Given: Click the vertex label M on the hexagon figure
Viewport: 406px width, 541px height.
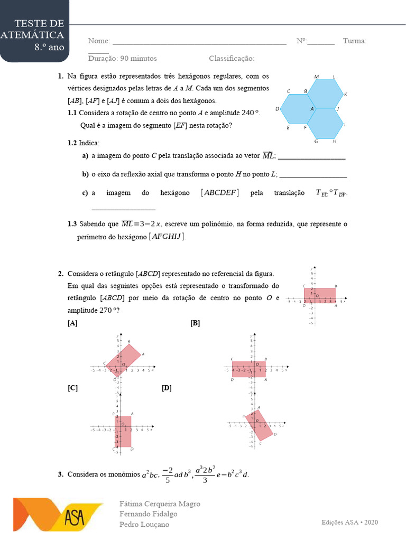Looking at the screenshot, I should coord(316,77).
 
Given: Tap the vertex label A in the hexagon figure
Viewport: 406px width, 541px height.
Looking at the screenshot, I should coord(312,109).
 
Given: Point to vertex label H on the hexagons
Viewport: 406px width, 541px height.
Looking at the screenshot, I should coord(334,142).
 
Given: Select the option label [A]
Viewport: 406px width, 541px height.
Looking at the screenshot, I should coord(72,323).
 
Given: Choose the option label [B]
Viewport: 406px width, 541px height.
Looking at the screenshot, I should coord(195,323).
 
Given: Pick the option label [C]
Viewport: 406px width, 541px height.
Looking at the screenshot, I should coord(72,388).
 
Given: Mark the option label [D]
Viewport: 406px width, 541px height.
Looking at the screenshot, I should coord(167,388).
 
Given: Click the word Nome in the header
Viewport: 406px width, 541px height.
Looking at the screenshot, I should coord(99,41).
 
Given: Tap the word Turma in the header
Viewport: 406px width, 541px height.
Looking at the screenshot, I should coord(354,41).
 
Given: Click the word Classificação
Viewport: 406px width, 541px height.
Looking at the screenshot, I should coord(232,59).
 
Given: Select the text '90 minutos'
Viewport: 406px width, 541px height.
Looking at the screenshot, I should coord(139,59).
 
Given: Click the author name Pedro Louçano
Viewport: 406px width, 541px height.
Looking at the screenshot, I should coord(145,524).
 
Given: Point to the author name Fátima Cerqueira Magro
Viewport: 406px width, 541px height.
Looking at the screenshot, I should coord(160,503).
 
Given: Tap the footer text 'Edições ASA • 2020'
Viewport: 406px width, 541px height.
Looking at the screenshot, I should coord(350,522).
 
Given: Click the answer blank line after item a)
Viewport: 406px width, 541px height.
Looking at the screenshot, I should coord(311,158).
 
